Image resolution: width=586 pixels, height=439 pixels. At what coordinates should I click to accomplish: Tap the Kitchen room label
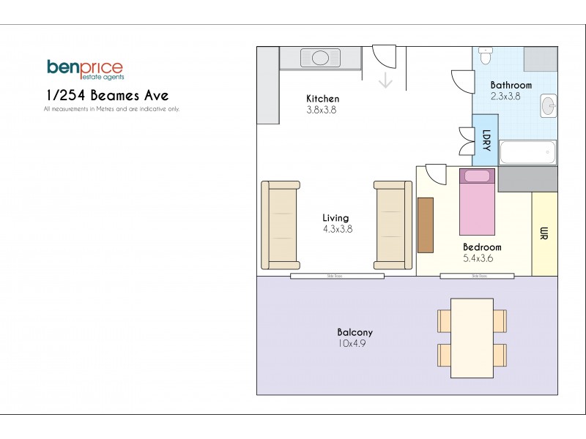[322, 99]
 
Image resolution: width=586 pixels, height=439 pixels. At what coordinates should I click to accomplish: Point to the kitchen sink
[320, 57]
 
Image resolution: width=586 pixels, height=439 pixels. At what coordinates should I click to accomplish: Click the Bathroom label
[511, 85]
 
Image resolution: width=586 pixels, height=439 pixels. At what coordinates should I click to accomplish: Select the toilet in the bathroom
[485, 56]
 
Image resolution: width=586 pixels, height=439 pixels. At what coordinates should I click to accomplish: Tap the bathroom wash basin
[548, 106]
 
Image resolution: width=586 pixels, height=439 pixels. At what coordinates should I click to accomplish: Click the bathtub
[527, 153]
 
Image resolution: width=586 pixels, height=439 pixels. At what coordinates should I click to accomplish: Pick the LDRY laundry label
[486, 138]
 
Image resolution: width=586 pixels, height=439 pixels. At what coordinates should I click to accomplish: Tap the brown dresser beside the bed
[426, 224]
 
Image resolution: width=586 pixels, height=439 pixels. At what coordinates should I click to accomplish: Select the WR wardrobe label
[544, 233]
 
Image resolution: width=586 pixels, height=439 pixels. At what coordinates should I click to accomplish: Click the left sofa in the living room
[280, 225]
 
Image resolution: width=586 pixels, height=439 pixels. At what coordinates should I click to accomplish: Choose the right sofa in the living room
[393, 225]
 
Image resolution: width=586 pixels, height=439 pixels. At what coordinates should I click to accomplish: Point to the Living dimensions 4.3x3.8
[338, 228]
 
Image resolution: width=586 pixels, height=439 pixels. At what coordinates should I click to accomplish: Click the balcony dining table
[472, 337]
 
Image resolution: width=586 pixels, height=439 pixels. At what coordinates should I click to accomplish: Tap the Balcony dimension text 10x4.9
[352, 343]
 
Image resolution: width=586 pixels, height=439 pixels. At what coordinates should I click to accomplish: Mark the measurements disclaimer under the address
[111, 109]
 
